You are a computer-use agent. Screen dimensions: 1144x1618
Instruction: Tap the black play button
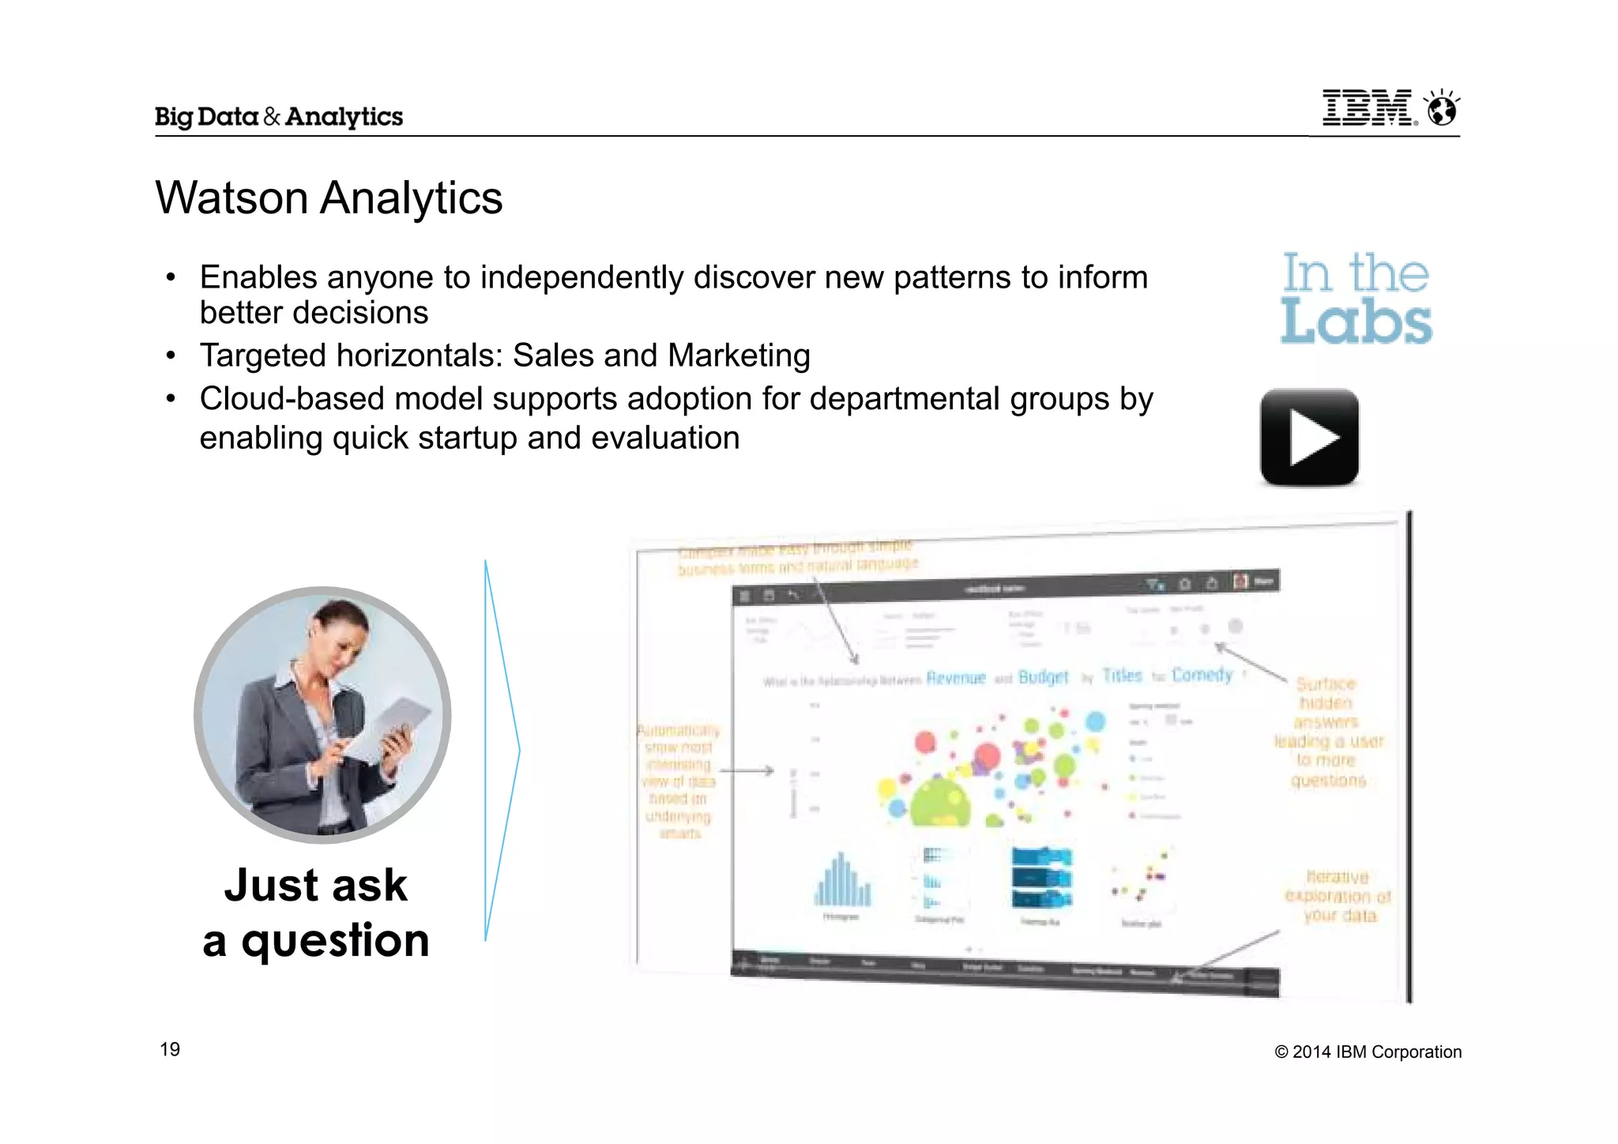pos(1309,437)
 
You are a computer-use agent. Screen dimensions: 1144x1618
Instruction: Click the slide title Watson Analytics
pos(329,198)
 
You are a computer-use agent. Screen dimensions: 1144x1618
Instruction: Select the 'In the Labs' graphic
pos(1356,298)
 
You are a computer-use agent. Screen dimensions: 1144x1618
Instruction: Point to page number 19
pos(170,1049)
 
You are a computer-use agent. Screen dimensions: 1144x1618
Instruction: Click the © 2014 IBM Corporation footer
pos(1368,1052)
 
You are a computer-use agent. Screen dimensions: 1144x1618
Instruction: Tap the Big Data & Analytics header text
pos(279,117)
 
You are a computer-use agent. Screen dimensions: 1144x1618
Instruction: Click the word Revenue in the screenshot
pos(956,678)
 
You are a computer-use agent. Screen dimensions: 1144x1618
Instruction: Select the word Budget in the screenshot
pos(1043,677)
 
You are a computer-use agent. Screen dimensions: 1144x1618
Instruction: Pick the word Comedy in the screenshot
pos(1202,675)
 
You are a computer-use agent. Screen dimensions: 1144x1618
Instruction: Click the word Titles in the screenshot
pos(1122,675)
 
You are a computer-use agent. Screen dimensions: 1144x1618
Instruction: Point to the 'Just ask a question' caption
pos(316,913)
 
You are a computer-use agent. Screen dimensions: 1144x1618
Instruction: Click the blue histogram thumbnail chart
pos(842,880)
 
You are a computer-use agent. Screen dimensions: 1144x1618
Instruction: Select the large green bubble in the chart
pos(939,801)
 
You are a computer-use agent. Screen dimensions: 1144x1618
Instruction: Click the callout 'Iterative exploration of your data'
pos(1338,896)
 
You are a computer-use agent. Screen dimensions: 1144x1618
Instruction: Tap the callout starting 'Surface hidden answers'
pos(1328,732)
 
